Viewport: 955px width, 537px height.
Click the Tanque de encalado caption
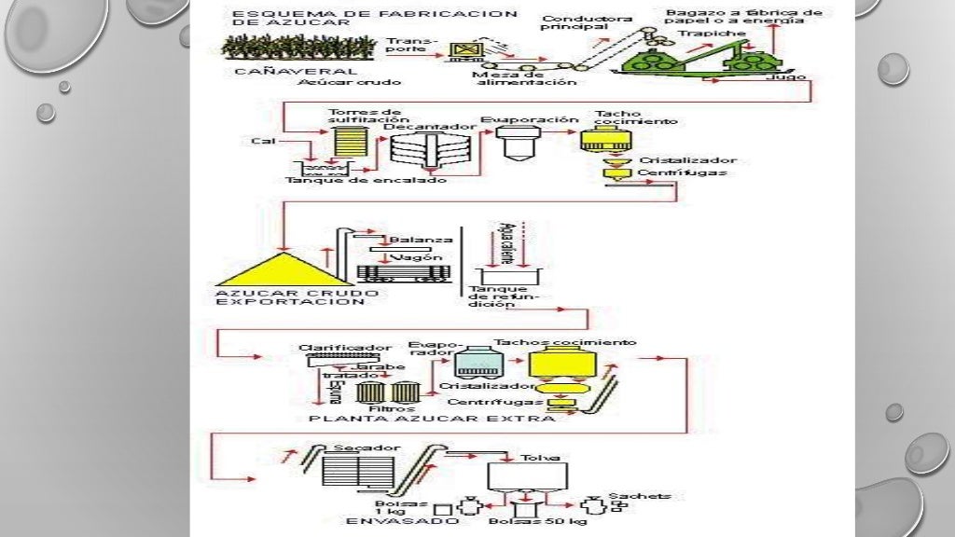pyautogui.click(x=366, y=181)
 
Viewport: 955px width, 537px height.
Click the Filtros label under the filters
pyautogui.click(x=386, y=408)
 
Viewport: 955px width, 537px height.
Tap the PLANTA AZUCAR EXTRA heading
pyautogui.click(x=432, y=419)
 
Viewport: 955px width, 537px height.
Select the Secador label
pyautogui.click(x=354, y=448)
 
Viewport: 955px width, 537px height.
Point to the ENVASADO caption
pyautogui.click(x=403, y=522)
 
